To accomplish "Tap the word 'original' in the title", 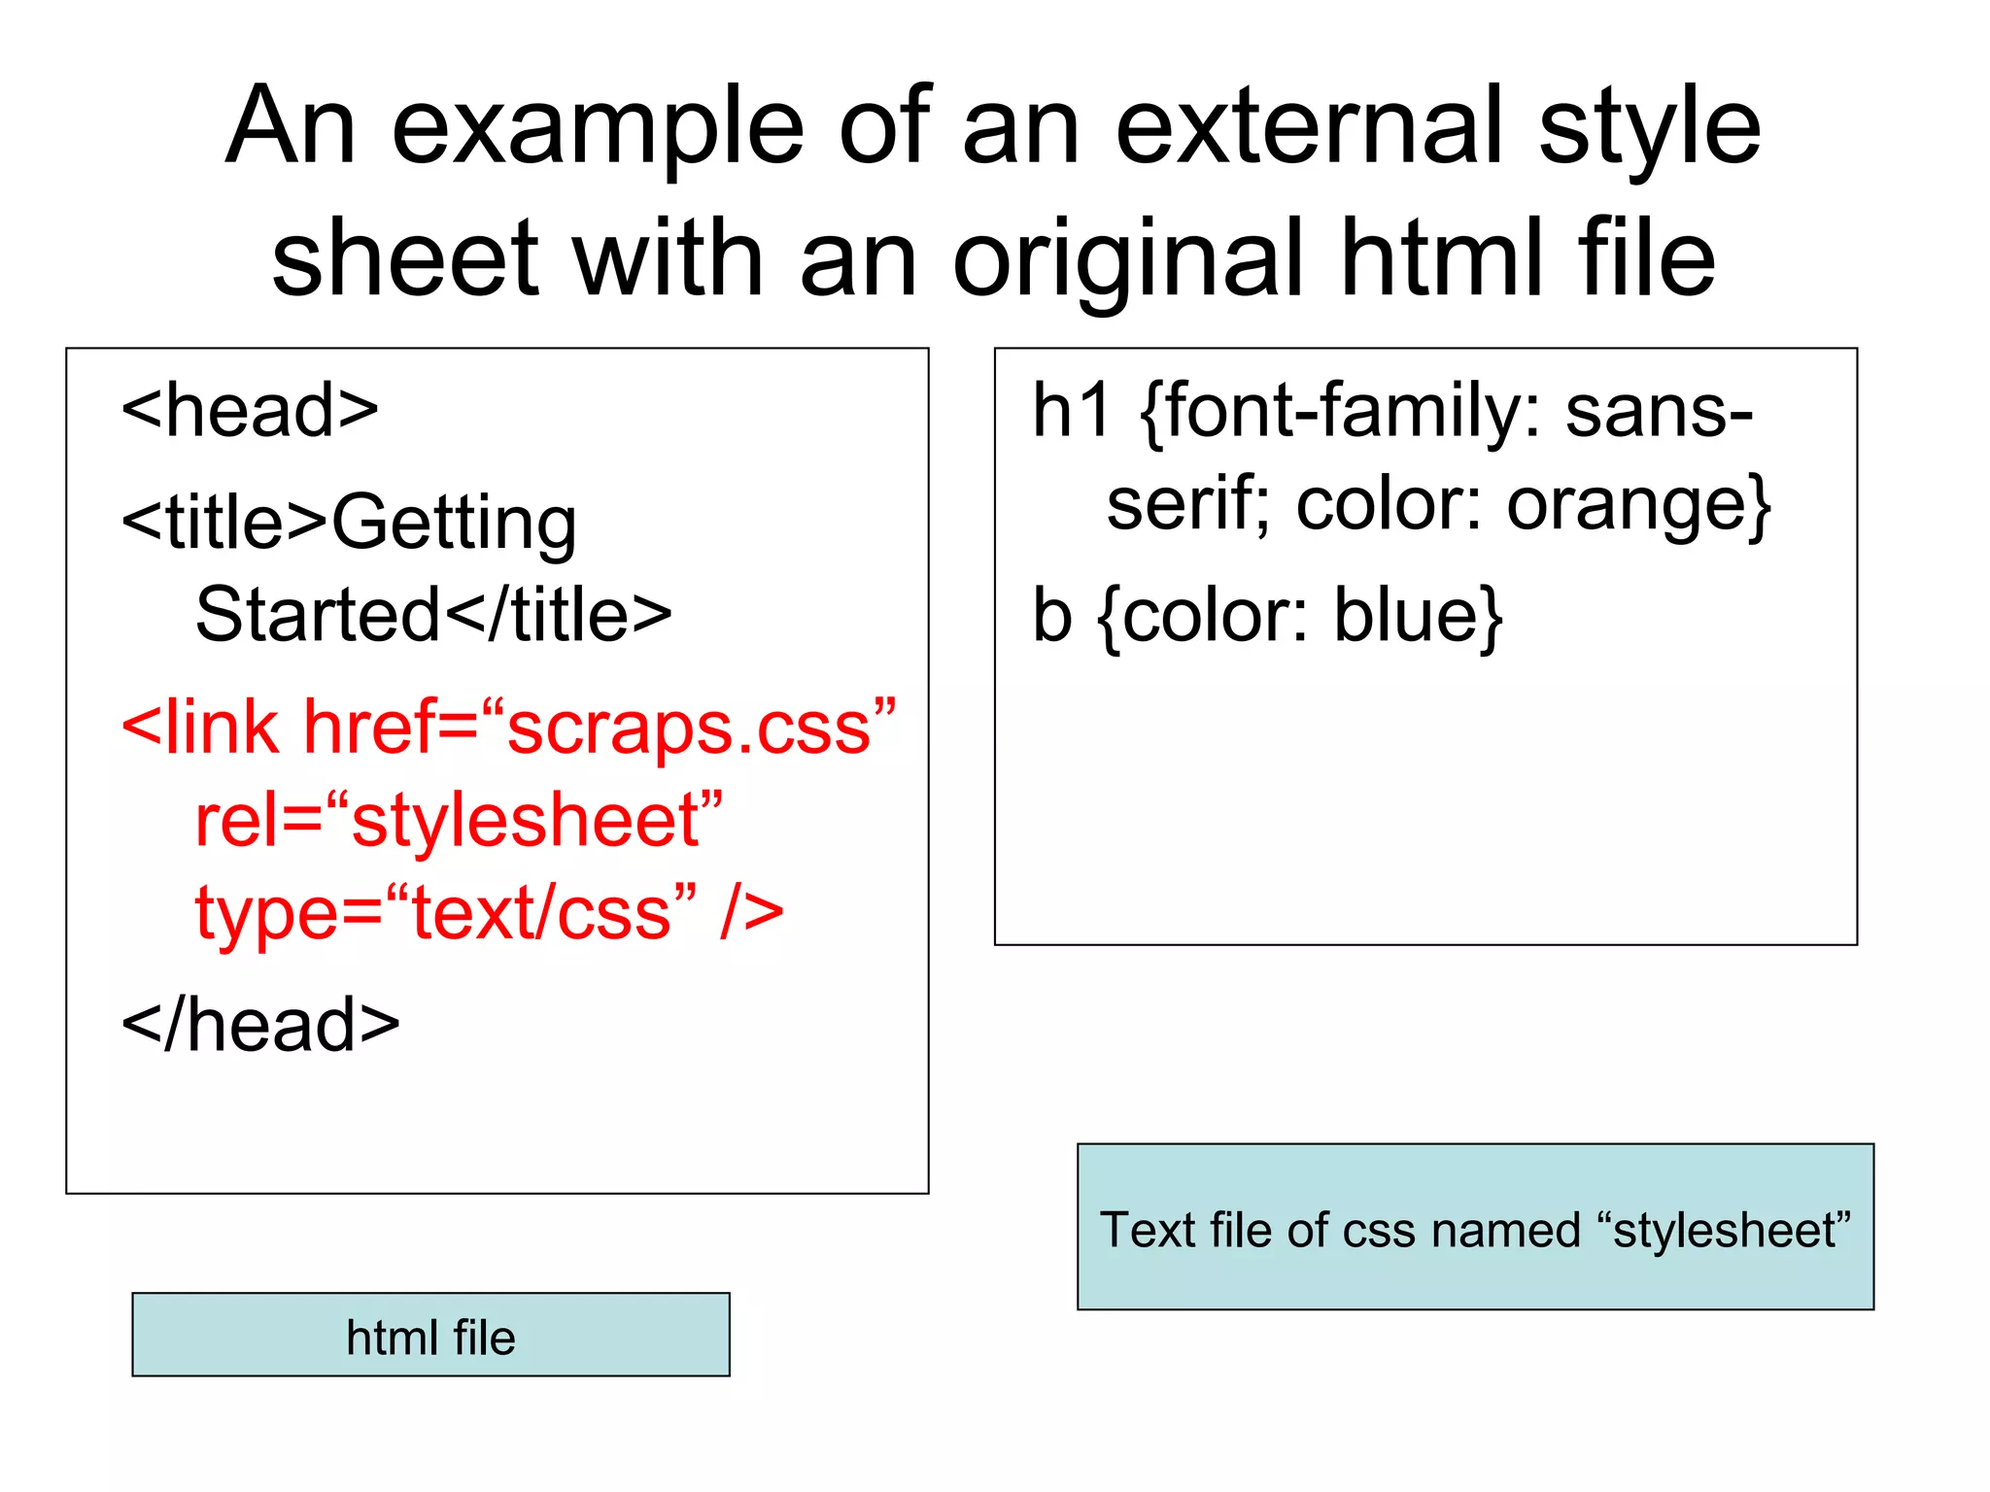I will [x=1127, y=259].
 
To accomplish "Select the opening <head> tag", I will [x=250, y=411].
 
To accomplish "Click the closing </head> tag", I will [x=260, y=1026].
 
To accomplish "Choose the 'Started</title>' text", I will [x=433, y=616].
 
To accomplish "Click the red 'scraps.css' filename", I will [x=689, y=729].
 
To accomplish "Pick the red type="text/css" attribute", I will [x=446, y=913].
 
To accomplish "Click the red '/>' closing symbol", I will [x=752, y=913].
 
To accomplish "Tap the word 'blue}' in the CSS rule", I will [x=1418, y=616].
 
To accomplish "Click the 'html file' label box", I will [x=430, y=1336].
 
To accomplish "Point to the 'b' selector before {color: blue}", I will [x=1051, y=616].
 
